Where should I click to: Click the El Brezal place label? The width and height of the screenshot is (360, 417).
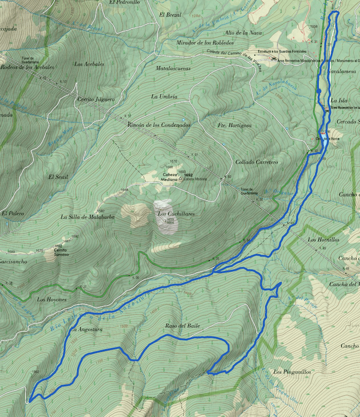point(170,15)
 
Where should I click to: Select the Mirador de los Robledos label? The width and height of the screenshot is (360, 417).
point(205,42)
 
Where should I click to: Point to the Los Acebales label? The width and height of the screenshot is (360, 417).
point(89,64)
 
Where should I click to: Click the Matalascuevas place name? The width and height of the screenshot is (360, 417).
point(173,68)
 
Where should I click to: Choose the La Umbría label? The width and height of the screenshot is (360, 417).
point(164,96)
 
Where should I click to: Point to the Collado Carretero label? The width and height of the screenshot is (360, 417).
point(256,162)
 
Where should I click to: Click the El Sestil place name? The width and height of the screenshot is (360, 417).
point(58,177)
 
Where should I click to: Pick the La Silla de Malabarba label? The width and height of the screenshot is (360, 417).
point(87,216)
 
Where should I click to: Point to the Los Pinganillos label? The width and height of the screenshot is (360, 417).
point(292,372)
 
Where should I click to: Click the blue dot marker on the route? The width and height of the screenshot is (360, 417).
point(319,91)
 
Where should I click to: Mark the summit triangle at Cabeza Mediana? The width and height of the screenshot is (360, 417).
point(181,179)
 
